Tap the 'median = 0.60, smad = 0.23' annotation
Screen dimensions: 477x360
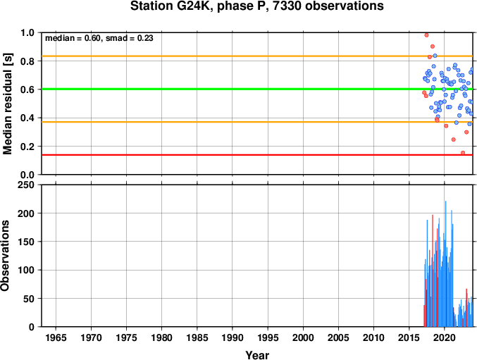99,38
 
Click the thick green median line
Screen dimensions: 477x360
257,89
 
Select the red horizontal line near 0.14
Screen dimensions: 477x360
257,155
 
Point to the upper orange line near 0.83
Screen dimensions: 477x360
257,56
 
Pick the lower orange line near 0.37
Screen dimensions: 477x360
257,122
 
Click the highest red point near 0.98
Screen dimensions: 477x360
426,35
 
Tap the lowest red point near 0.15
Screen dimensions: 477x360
463,153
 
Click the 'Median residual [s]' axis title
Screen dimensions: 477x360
8,104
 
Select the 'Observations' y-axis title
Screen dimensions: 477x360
5,256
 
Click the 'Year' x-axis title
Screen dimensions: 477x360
257,355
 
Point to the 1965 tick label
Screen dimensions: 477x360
56,337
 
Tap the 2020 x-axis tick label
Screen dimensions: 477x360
445,337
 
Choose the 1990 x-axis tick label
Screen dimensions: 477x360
233,337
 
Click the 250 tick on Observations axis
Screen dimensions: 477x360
26,185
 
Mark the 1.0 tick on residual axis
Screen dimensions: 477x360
27,32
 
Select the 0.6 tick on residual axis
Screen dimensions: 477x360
27,89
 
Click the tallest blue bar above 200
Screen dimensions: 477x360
446,264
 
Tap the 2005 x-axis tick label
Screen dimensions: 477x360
338,337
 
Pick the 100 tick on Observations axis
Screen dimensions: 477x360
26,270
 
